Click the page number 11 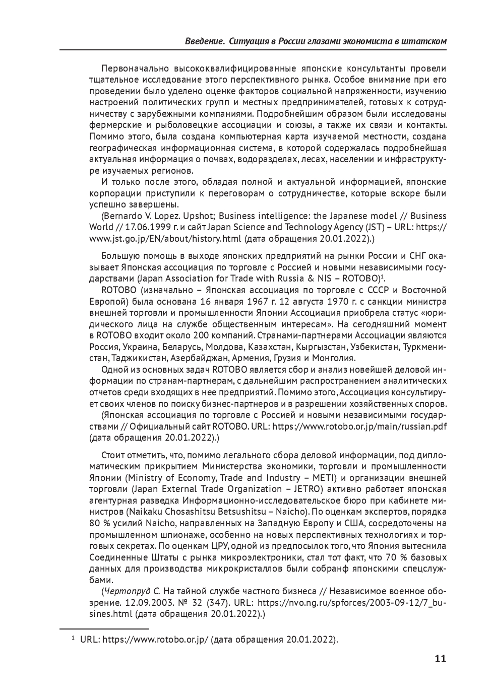point(440,659)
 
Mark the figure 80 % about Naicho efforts point(100,523)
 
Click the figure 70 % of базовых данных point(396,557)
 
